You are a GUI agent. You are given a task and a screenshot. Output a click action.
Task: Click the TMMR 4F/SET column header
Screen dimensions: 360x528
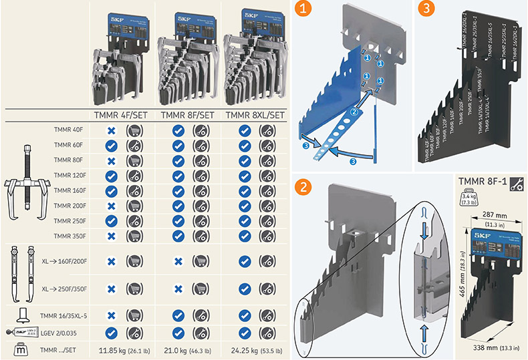click(x=124, y=115)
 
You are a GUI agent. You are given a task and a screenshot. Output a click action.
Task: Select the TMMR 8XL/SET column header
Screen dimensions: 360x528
click(x=254, y=115)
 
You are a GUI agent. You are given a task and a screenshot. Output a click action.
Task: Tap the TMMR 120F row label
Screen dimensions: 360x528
click(x=68, y=174)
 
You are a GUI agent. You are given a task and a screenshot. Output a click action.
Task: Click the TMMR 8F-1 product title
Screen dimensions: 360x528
click(x=483, y=182)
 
